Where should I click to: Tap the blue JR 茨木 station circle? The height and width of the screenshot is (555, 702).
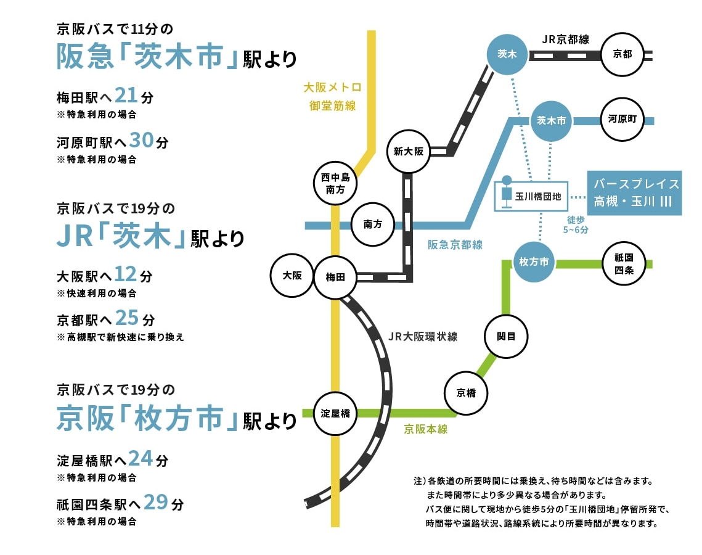pyautogui.click(x=507, y=54)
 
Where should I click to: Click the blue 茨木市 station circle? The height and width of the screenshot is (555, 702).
pyautogui.click(x=551, y=121)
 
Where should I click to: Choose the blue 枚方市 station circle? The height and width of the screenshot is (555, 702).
pyautogui.click(x=534, y=261)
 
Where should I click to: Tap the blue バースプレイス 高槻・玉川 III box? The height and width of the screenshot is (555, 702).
pyautogui.click(x=634, y=193)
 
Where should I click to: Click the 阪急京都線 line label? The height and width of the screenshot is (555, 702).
pyautogui.click(x=455, y=245)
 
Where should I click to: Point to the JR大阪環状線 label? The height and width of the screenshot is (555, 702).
pyautogui.click(x=423, y=337)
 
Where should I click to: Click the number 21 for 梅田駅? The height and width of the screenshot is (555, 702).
pyautogui.click(x=126, y=96)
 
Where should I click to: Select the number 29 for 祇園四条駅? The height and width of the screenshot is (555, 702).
pyautogui.click(x=155, y=502)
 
